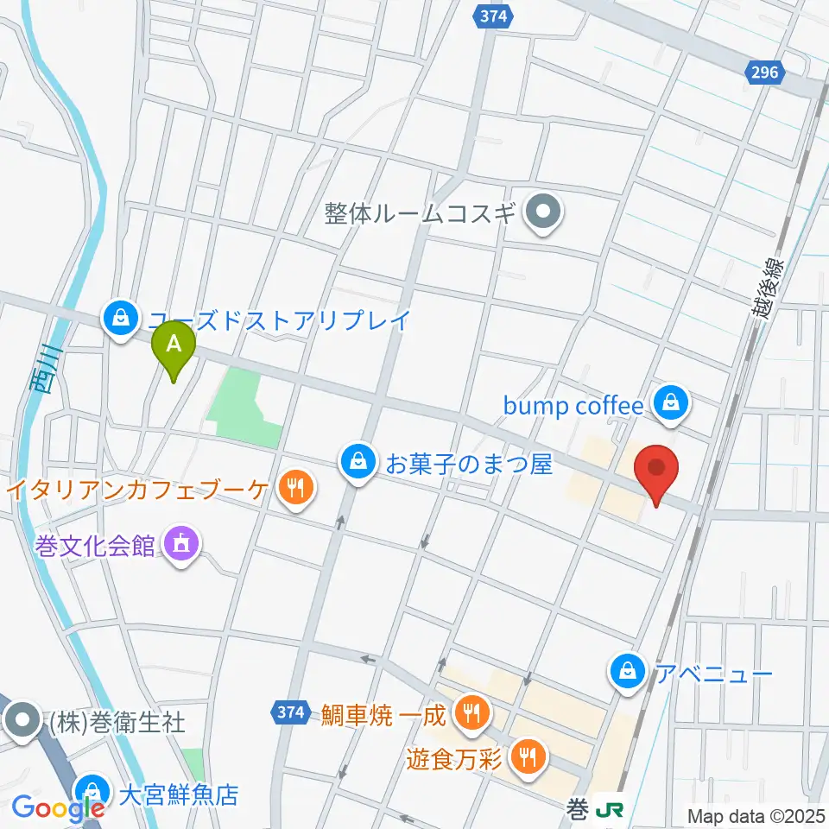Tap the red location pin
click(x=656, y=470)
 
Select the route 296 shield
click(x=764, y=73)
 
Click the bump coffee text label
click(x=573, y=405)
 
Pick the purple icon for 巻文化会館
click(x=180, y=545)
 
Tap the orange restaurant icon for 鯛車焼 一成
click(x=471, y=713)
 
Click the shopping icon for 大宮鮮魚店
click(x=91, y=792)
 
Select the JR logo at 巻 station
click(x=611, y=810)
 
